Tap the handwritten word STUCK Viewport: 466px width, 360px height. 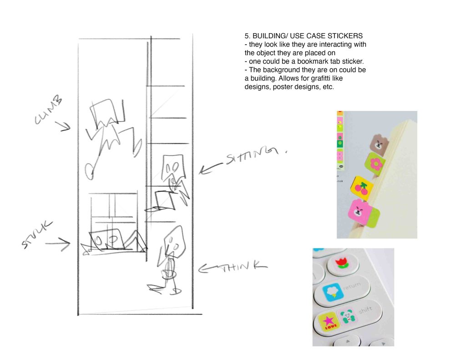[37, 234]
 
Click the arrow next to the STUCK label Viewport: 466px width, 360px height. [58, 244]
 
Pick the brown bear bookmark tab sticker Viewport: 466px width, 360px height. [379, 143]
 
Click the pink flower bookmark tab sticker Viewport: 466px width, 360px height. [375, 163]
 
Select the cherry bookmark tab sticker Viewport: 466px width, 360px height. [362, 188]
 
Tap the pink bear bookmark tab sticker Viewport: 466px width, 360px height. [363, 213]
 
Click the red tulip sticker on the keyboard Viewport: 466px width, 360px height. [343, 263]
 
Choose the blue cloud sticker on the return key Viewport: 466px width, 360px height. [333, 292]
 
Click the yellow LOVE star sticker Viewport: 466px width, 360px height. [328, 322]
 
